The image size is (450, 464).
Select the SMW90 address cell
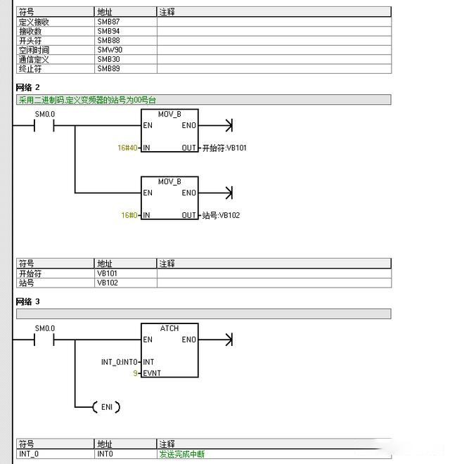pyautogui.click(x=110, y=50)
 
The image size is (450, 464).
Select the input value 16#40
pyautogui.click(x=128, y=148)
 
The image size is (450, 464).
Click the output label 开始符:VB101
pyautogui.click(x=224, y=148)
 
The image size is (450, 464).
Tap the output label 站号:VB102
pyautogui.click(x=220, y=215)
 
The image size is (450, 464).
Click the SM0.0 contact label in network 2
pyautogui.click(x=45, y=114)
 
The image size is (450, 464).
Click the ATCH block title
pyautogui.click(x=169, y=328)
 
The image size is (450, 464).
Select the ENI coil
pyautogui.click(x=106, y=407)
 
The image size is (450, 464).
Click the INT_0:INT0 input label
pyautogui.click(x=121, y=362)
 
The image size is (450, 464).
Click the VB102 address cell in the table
pyautogui.click(x=108, y=283)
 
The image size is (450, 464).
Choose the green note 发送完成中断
pyautogui.click(x=182, y=454)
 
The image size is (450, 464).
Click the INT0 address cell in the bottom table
pyautogui.click(x=105, y=454)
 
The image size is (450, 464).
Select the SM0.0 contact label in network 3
pyautogui.click(x=45, y=328)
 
